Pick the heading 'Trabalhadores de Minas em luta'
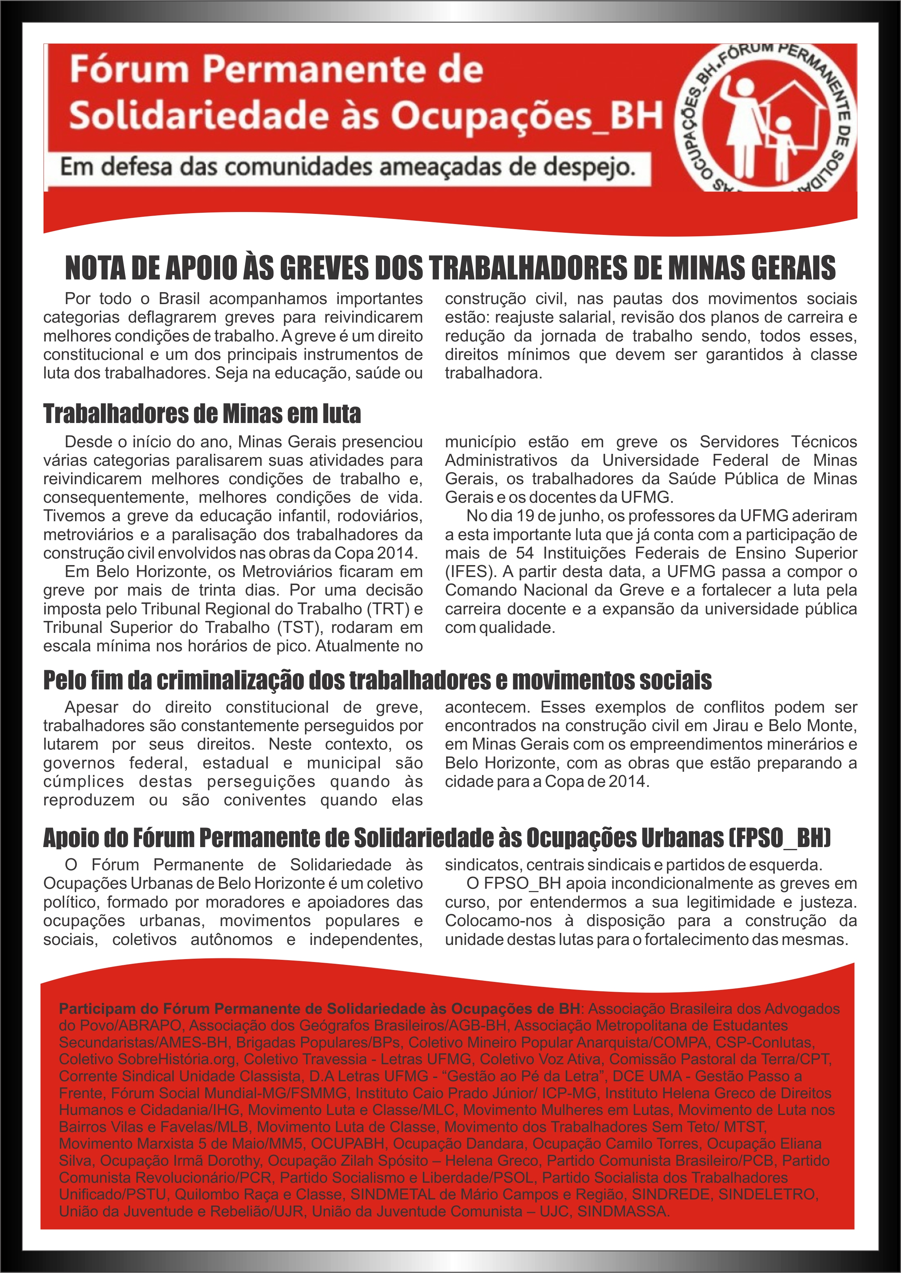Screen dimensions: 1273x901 [x=202, y=414]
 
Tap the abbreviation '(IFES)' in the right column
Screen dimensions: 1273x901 [x=467, y=572]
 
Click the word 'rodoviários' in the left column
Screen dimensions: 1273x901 [x=379, y=516]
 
